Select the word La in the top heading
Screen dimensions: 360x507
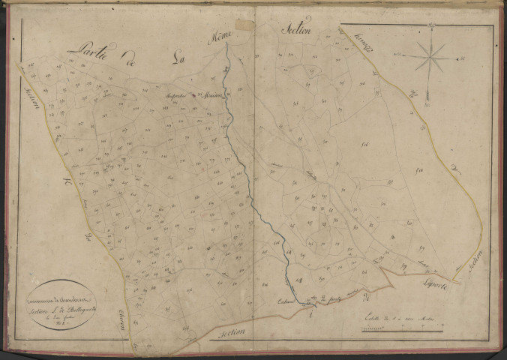click(x=177, y=54)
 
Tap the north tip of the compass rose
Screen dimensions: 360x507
click(x=432, y=28)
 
